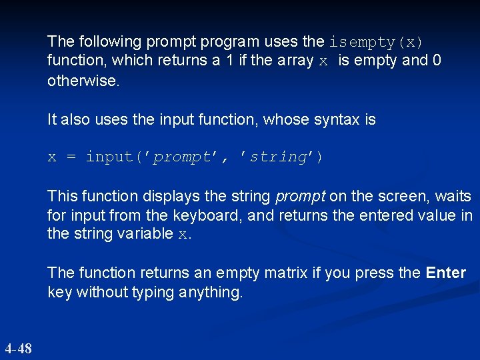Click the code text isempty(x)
coord(376,42)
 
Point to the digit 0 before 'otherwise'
coord(437,61)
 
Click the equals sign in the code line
coord(71,157)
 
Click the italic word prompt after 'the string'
coord(299,197)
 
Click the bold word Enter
coord(445,273)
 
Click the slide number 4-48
coord(18,348)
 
